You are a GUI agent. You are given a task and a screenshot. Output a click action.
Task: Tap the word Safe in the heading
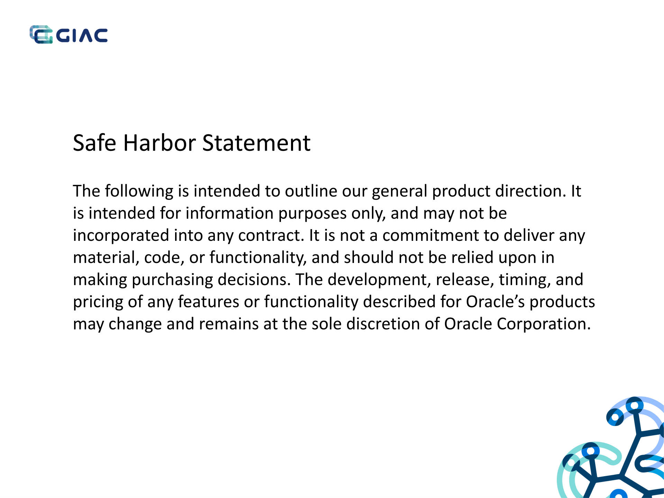(x=94, y=143)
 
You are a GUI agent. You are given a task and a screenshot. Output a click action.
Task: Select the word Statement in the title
(x=256, y=143)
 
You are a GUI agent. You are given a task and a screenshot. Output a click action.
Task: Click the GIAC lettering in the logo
(x=82, y=35)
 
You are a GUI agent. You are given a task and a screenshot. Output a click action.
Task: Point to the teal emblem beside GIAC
(x=41, y=34)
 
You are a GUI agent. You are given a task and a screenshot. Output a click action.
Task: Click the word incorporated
(x=121, y=236)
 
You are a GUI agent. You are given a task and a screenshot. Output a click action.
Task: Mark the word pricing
(x=98, y=302)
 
